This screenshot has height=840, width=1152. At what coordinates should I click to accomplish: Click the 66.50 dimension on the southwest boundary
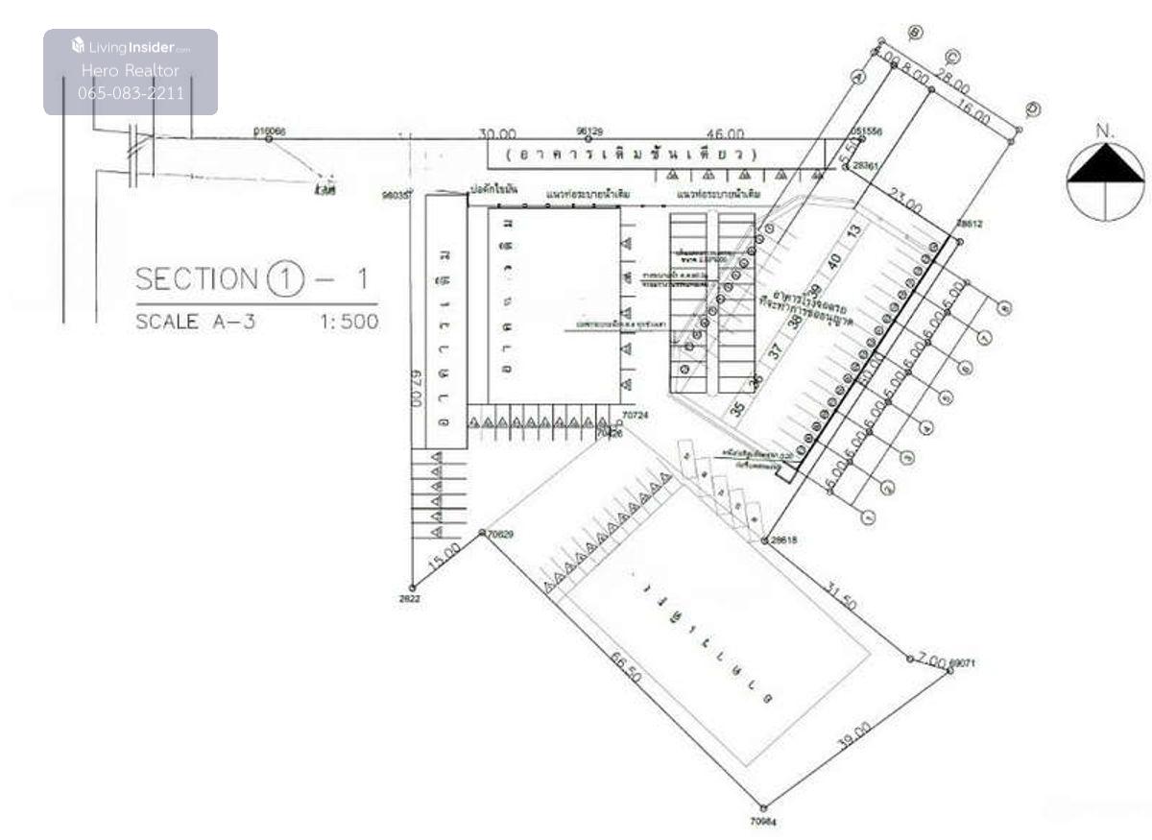626,668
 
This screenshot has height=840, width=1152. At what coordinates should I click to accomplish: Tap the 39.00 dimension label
853,735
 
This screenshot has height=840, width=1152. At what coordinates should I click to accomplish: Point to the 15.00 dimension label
444,557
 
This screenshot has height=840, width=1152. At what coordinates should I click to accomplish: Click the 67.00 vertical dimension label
417,389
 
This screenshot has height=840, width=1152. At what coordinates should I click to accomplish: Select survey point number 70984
763,822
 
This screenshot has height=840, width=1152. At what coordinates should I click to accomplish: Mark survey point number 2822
410,598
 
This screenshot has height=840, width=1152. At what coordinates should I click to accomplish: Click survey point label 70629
500,534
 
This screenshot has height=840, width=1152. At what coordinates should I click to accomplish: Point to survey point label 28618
783,540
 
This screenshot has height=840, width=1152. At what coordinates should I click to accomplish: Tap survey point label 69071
962,663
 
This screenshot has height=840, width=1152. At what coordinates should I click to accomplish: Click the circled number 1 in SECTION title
285,279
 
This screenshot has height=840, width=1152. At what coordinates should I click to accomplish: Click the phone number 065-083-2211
131,93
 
